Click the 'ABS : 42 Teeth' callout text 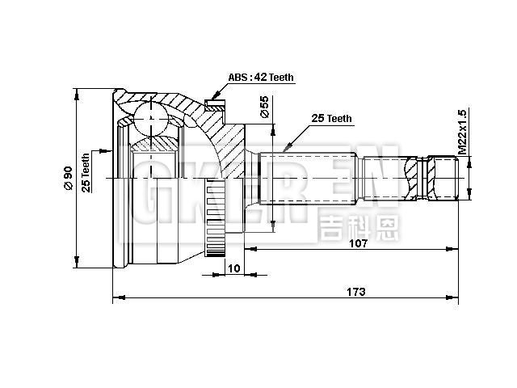260,78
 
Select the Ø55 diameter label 264,108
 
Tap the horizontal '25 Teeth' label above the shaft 331,118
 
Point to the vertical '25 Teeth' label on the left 85,171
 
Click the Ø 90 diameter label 68,176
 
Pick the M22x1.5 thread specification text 462,132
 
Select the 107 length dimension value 359,243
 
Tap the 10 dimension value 234,268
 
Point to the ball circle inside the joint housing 150,119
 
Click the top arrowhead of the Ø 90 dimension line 77,91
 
